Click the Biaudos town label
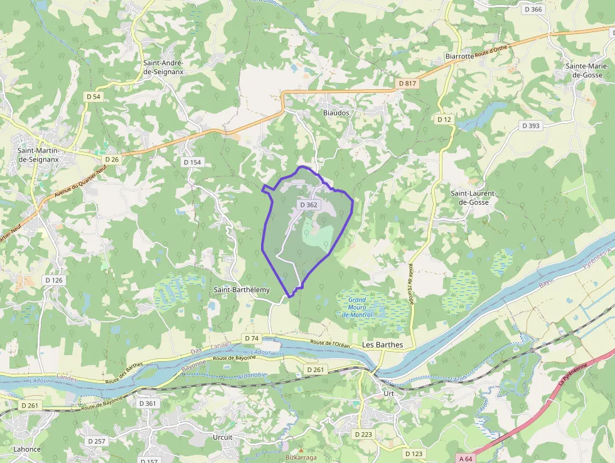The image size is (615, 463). tap(336, 112)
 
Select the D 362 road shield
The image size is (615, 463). tap(309, 205)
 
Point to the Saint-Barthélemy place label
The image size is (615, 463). tap(242, 290)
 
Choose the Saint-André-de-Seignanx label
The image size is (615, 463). tap(163, 67)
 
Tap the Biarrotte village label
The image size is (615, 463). tap(459, 56)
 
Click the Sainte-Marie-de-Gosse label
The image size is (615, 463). tap(584, 70)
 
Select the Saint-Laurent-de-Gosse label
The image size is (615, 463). tap(474, 198)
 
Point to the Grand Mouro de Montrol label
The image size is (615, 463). tap(357, 307)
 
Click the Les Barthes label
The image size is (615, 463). tap(382, 345)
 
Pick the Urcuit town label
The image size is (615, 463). tap(222, 437)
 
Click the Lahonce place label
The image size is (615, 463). tap(27, 449)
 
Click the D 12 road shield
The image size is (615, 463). tap(444, 119)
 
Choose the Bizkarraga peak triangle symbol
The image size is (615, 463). tap(301, 450)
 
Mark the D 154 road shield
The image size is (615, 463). tap(193, 162)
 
